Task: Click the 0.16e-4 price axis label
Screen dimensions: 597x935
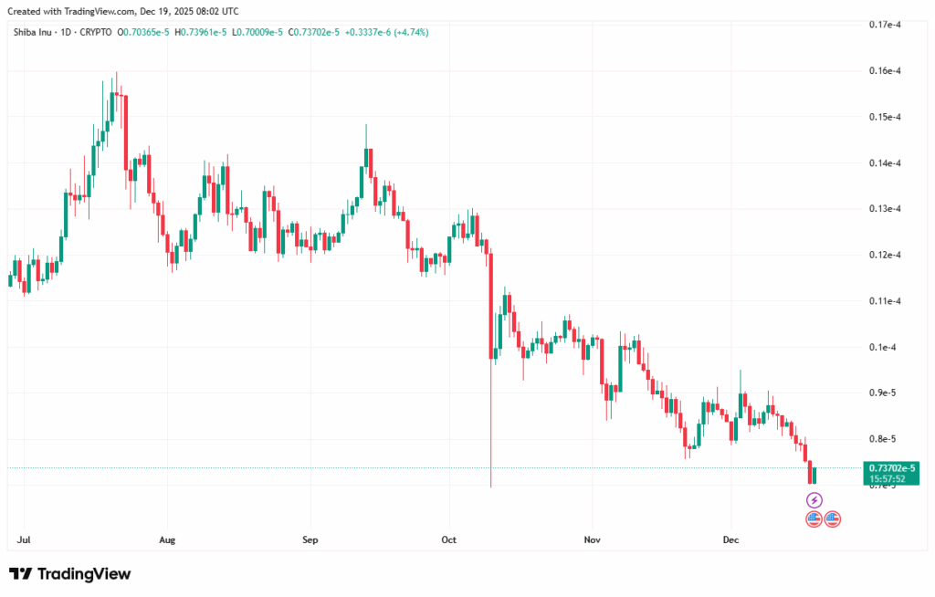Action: pos(887,71)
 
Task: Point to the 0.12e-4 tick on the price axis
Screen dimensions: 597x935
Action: pos(887,255)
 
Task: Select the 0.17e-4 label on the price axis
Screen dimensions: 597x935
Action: pos(887,25)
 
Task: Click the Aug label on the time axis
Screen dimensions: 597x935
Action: pos(166,540)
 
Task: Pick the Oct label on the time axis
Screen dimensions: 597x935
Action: pos(448,540)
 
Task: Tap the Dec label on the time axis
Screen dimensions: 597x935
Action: pos(730,540)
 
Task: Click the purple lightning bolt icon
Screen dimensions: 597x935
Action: pos(814,500)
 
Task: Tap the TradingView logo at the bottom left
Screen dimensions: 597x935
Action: pos(70,574)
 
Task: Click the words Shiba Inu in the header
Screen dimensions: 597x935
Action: pos(29,32)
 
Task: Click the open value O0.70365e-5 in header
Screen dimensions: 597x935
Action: pos(148,32)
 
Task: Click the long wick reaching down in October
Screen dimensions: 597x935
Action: pos(491,438)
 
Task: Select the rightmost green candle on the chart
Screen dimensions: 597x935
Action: pos(814,475)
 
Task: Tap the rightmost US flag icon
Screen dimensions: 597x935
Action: pos(833,519)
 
